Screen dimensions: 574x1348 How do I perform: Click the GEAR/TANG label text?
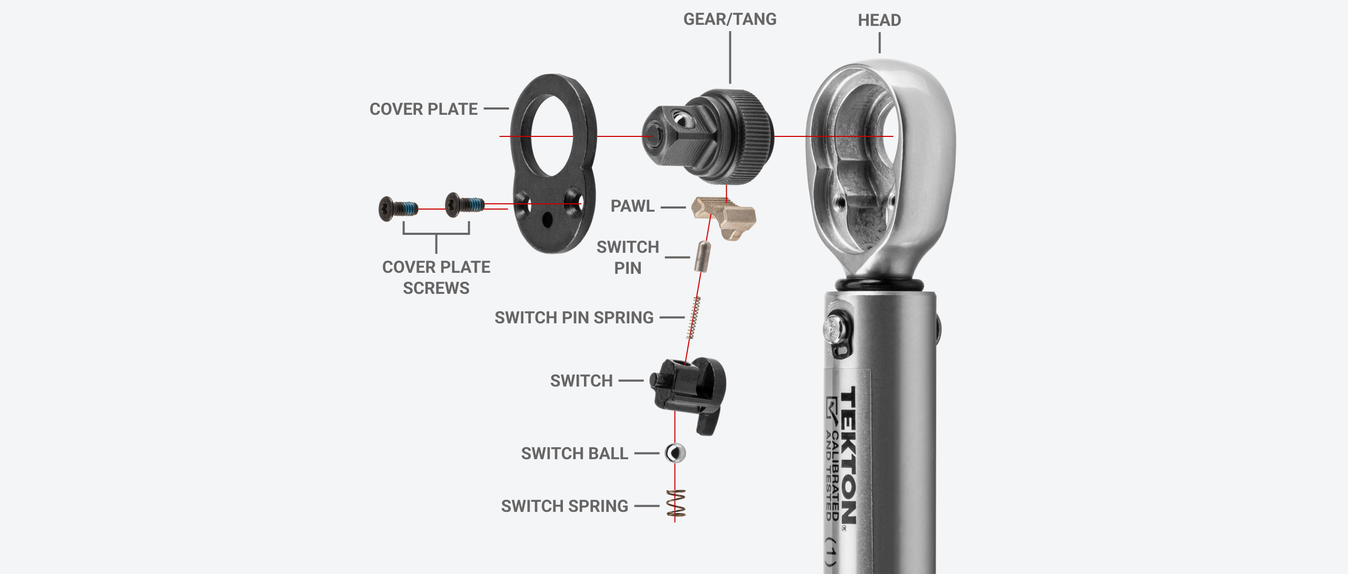coord(729,19)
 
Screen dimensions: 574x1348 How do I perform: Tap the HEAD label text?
coord(879,21)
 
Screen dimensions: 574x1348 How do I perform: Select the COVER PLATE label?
coord(423,109)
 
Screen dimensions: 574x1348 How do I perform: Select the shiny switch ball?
coord(675,453)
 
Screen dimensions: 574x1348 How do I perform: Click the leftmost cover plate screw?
coord(398,209)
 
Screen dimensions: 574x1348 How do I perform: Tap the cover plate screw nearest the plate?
coord(463,205)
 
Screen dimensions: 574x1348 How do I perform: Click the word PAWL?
coord(632,206)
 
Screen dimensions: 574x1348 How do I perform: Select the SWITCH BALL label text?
coord(574,453)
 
